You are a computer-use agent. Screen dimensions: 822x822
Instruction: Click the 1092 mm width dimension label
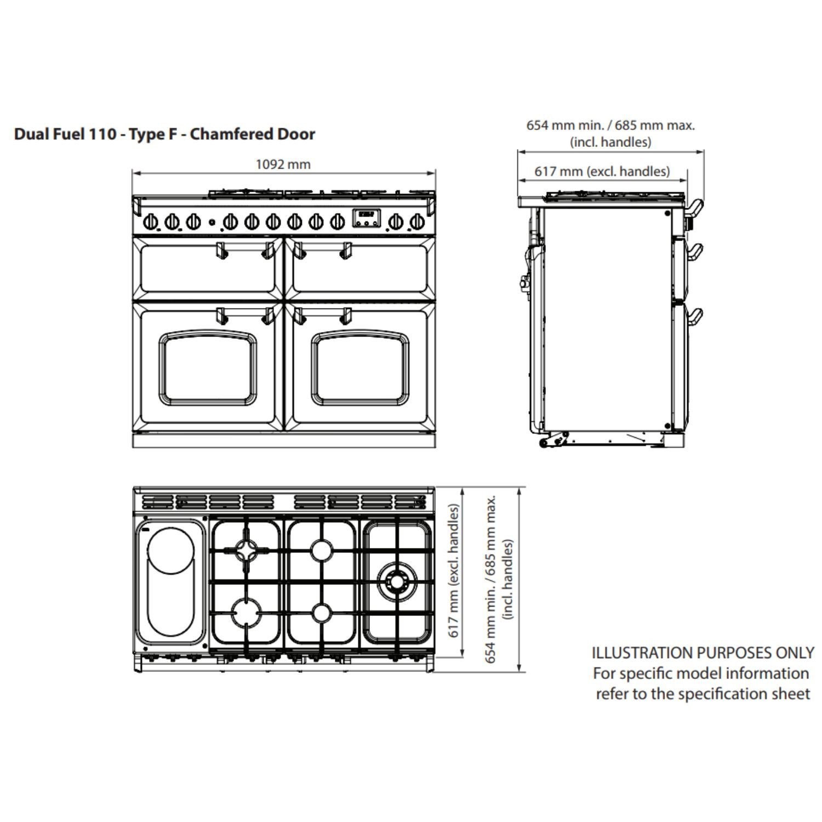tap(283, 164)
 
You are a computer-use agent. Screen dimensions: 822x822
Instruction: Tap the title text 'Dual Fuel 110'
tap(65, 134)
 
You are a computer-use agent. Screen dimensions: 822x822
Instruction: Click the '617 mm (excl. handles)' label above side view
tap(602, 172)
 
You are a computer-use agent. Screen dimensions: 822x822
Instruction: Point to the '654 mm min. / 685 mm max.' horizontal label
tap(610, 125)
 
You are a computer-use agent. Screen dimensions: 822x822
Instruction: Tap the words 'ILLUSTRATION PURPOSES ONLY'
tap(703, 653)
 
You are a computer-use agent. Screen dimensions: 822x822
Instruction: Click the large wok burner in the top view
tap(397, 579)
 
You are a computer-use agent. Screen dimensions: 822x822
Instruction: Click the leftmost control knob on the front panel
tap(151, 222)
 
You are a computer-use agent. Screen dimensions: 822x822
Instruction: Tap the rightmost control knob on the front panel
tap(417, 222)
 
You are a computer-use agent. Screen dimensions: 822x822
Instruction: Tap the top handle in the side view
tap(694, 207)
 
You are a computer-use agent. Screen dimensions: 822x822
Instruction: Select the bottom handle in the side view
tap(694, 316)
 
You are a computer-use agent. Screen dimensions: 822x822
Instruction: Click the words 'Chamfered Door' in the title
tap(253, 134)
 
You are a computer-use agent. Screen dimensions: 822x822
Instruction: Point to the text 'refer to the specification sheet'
tap(703, 694)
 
